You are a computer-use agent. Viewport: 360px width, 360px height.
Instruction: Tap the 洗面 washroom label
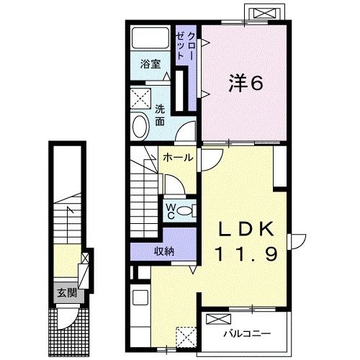[160, 116]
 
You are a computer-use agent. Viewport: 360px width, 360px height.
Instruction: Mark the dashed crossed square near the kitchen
[186, 336]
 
